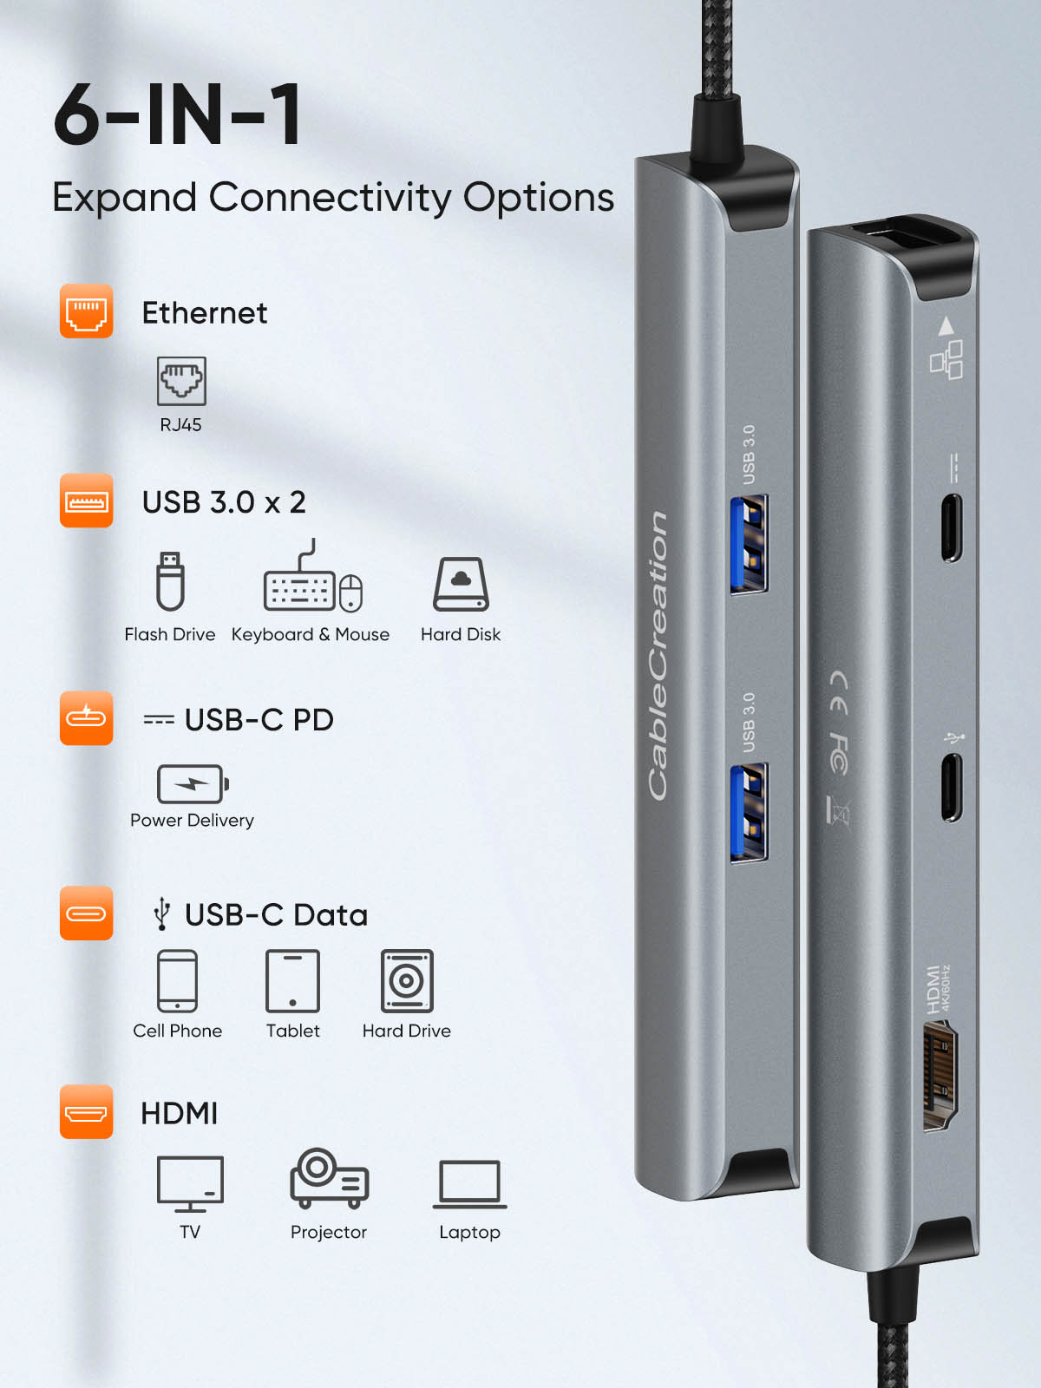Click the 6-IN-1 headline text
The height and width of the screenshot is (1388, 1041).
178,115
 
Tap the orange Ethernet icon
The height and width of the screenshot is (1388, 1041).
86,311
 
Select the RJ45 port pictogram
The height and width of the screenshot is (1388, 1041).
181,381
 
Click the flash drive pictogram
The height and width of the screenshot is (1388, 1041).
170,581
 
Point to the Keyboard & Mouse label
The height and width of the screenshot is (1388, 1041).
310,634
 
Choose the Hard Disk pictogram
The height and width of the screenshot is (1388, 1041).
461,585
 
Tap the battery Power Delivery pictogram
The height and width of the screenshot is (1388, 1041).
193,784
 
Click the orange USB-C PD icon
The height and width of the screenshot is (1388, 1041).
86,718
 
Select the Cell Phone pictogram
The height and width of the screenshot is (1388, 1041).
177,981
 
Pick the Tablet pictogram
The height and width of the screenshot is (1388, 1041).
292,981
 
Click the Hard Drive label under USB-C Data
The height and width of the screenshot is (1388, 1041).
406,1031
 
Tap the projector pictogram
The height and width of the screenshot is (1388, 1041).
329,1179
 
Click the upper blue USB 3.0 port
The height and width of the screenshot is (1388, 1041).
749,544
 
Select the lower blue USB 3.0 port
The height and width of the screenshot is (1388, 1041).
749,812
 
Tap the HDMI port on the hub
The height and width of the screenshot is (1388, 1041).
940,1076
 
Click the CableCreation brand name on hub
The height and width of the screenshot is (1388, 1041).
658,655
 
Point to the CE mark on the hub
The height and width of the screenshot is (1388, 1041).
838,692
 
